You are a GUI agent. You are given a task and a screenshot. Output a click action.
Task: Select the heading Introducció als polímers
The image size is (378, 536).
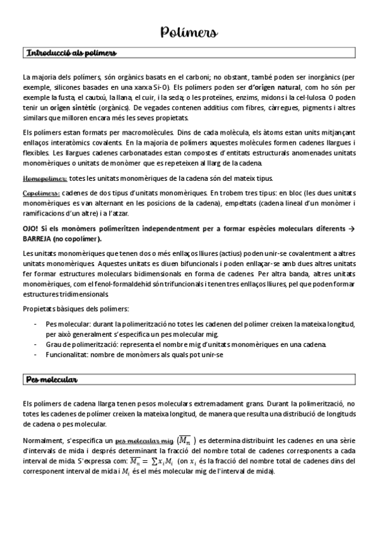(x=69, y=52)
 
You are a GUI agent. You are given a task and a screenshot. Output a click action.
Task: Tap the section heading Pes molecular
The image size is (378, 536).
(x=51, y=379)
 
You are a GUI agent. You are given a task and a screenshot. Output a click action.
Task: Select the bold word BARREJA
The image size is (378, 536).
(x=38, y=240)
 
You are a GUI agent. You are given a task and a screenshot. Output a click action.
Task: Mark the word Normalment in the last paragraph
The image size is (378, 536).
(x=41, y=441)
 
